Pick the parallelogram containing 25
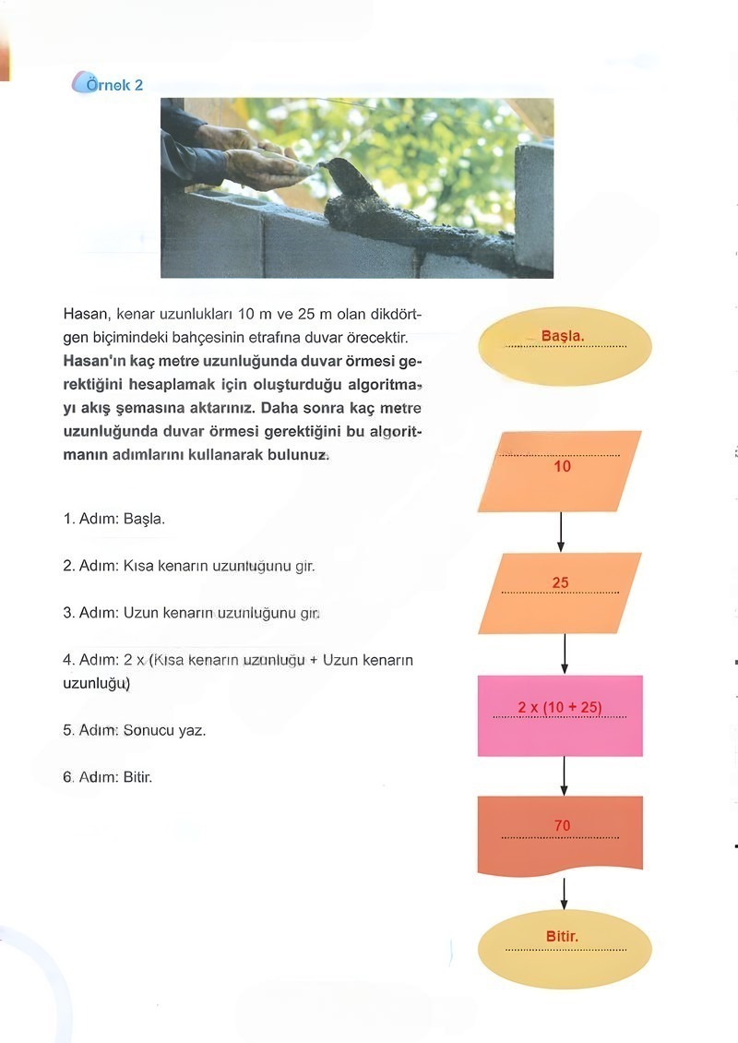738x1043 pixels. coord(560,593)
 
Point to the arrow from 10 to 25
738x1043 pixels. coord(561,533)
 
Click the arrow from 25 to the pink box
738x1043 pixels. coord(564,654)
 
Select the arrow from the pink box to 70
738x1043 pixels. coord(564,776)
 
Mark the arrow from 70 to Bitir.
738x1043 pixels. coord(564,893)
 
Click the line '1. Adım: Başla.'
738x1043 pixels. coord(114,519)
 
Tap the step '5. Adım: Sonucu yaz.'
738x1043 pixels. coord(135,730)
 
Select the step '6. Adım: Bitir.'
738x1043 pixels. coord(107,777)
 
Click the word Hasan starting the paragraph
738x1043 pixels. coord(86,315)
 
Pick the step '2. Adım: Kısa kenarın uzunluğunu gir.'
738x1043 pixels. coord(189,566)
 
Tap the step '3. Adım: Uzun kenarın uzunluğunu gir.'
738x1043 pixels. coord(191,613)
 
